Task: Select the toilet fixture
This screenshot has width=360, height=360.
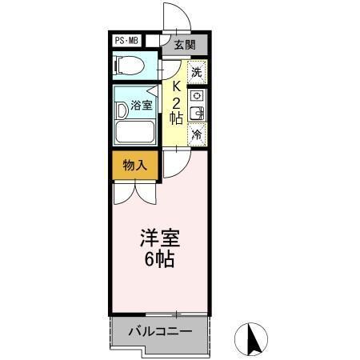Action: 129,66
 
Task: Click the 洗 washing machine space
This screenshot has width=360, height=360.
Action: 197,71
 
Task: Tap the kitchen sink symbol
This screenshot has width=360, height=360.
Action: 197,114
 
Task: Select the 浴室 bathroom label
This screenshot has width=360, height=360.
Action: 142,104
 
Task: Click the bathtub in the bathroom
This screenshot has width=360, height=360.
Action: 138,132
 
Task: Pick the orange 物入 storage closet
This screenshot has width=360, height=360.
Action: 134,166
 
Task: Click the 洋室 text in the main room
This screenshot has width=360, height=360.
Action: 160,238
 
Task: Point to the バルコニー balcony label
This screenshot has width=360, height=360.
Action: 159,330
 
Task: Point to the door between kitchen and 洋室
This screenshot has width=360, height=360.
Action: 177,164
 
